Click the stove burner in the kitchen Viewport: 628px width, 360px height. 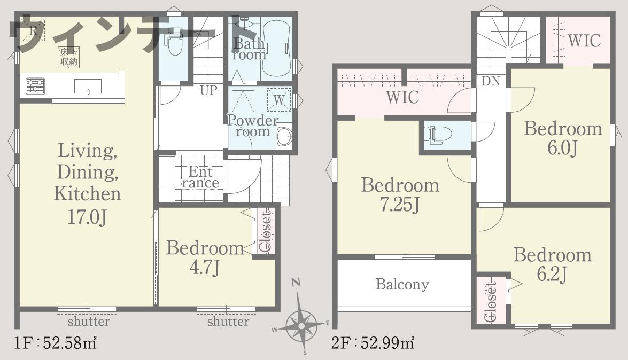pos(35,86)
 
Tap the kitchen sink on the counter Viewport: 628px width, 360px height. pos(88,86)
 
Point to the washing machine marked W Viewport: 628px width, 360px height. pos(279,99)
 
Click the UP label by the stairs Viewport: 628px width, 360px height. pos(208,90)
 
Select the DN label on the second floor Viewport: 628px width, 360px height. pos(491,81)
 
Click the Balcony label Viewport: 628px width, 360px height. pos(402,284)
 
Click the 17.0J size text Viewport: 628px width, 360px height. pos(87,217)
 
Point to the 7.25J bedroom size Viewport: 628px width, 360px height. pos(400,206)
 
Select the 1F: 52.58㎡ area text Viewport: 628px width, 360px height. pos(55,343)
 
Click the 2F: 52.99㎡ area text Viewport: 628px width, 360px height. pos(373,343)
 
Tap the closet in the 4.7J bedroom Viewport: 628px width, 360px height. pos(265,231)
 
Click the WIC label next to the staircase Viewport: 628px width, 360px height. pos(584,41)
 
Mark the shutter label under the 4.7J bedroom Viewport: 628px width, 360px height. pos(228,322)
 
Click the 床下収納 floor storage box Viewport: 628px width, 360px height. pos(68,57)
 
